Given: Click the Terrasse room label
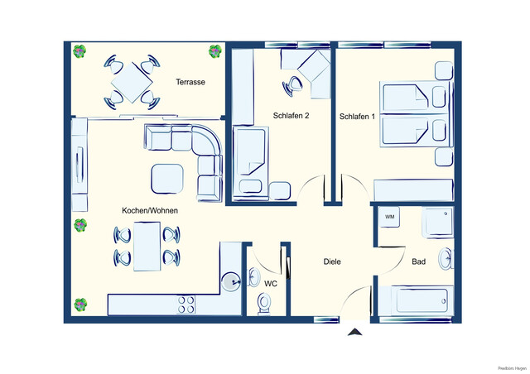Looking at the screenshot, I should coord(190,83).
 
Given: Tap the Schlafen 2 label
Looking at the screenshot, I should coord(291,116).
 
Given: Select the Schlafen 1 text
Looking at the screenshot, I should coord(357,117).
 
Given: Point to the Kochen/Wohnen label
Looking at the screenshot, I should coord(150,211).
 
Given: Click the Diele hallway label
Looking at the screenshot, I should coord(332,261).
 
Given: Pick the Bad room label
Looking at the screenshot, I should coord(418,262).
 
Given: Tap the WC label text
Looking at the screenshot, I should coord(270,284).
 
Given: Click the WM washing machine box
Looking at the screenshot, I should coord(389,218).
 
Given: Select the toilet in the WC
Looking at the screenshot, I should coord(265,304).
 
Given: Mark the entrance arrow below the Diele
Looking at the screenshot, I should coord(354,333).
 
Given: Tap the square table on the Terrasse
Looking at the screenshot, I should coord(131,82).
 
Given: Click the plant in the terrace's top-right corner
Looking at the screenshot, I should coord(214,51).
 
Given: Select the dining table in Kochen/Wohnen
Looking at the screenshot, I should coord(147,247).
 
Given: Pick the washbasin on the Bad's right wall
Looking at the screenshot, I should coord(446,260).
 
